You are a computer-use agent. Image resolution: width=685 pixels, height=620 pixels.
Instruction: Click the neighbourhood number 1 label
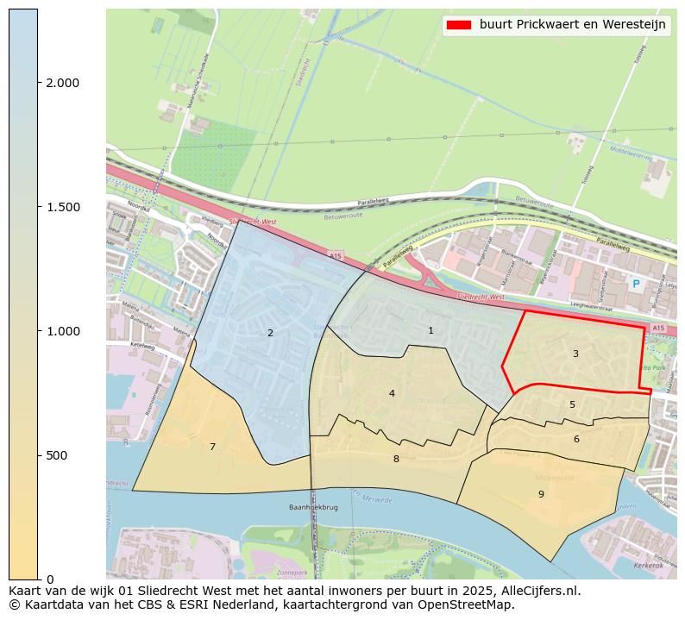pos(430,330)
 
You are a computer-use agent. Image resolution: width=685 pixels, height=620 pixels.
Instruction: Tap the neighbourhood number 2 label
pos(270,333)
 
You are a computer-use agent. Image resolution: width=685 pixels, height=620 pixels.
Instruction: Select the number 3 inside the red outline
pos(575,354)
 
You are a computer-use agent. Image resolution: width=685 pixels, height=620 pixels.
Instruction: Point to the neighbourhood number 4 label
pos(392,393)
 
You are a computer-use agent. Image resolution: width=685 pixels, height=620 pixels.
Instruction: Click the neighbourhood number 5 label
pos(572,404)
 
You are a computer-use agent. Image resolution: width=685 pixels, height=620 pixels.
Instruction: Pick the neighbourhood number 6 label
pos(576,439)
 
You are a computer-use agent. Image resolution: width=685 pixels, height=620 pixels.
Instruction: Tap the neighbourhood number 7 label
pos(212,447)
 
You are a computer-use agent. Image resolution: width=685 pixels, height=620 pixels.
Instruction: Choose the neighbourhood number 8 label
pos(396,459)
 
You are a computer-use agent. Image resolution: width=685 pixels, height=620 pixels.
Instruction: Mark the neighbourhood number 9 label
pos(541,494)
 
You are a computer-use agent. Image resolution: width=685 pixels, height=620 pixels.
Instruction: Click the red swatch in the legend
pos(458,25)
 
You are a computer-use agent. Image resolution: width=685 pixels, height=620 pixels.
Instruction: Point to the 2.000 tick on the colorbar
pos(62,83)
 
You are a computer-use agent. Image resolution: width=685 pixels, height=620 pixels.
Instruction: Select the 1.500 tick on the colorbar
pos(62,207)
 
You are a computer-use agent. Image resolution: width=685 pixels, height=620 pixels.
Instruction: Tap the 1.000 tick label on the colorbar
pos(62,331)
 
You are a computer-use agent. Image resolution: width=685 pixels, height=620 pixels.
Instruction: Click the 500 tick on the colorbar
pos(57,455)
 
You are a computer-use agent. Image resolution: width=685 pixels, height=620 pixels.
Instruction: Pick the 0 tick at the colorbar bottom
pos(49,579)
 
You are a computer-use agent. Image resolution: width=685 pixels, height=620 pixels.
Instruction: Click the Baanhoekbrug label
pos(311,508)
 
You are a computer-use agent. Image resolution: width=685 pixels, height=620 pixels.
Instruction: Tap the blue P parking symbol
pos(636,284)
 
